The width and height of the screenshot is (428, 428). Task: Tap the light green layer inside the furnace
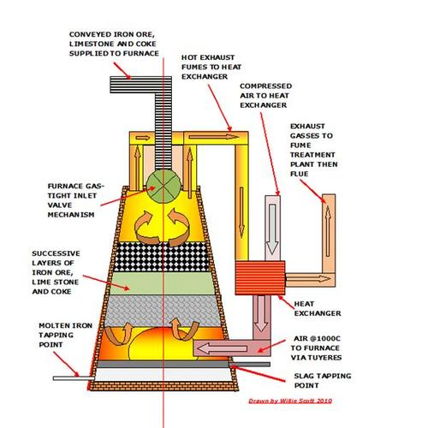[x=161, y=279]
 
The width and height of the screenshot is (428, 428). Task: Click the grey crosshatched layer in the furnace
[x=161, y=309]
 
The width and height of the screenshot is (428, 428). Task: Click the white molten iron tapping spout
[x=64, y=377]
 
